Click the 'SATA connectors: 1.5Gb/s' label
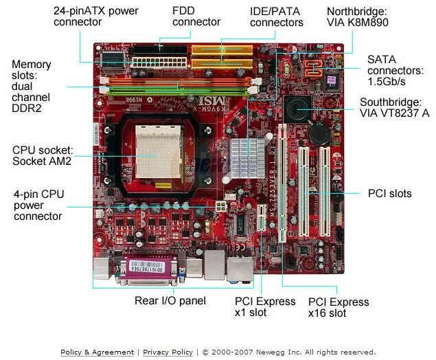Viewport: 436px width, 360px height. (395, 71)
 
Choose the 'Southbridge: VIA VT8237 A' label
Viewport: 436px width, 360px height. (395, 107)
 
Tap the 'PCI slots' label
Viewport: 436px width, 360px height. (389, 194)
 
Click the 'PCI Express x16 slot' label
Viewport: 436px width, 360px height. (338, 308)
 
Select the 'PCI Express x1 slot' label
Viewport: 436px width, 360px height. (265, 307)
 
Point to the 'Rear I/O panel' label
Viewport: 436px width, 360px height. (164, 301)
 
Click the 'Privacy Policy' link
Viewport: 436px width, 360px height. (168, 352)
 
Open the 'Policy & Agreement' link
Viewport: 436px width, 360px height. (98, 352)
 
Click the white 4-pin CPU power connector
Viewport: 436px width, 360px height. (221, 206)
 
